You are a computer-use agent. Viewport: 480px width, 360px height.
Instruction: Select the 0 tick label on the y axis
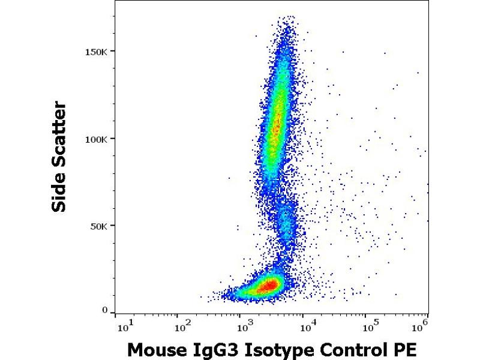[x=104, y=311]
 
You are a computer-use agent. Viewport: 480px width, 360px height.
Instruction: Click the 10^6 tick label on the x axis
[x=422, y=326]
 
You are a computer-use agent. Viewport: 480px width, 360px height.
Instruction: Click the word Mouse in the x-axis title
[x=153, y=349]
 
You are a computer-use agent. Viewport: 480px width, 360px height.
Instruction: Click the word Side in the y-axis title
[x=59, y=191]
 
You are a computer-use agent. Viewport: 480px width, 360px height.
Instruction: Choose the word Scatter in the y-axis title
[x=59, y=134]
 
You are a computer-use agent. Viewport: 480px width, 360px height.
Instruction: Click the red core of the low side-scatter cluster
[x=266, y=285]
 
